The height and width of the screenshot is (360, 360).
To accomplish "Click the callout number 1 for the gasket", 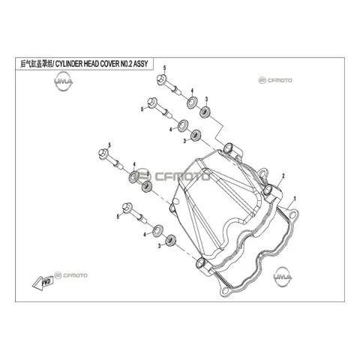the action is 295,199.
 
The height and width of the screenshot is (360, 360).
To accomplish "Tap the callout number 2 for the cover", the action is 283,175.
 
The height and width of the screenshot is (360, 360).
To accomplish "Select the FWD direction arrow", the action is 43,283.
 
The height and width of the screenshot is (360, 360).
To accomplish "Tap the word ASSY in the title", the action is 140,64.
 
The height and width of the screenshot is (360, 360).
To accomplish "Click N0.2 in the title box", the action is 126,64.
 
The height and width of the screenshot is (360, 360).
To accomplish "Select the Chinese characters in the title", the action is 35,64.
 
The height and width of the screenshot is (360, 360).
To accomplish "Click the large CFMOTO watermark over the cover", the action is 173,176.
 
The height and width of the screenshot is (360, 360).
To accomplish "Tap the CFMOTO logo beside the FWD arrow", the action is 71,275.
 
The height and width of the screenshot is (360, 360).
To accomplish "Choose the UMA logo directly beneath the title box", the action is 64,82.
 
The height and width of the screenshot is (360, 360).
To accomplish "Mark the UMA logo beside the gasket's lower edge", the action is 283,277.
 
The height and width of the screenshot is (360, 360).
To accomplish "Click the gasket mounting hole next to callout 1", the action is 292,214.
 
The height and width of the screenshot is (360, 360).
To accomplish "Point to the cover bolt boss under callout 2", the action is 268,190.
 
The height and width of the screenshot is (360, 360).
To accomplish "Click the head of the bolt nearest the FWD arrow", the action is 127,206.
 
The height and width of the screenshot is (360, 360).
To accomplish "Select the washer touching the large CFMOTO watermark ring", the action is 134,176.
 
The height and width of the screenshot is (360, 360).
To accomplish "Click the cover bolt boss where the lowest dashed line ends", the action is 201,262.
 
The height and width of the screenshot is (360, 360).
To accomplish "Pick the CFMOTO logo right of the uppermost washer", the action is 275,80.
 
